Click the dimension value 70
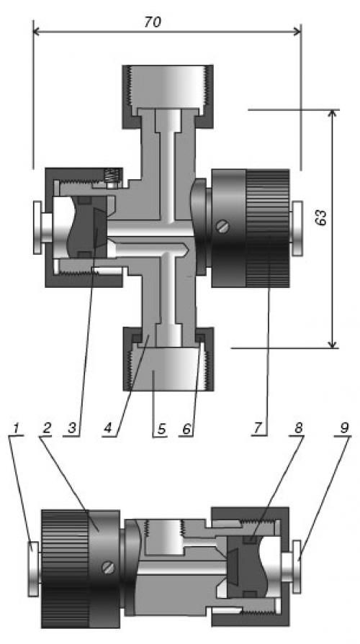(x=153, y=22)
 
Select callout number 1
(x=16, y=427)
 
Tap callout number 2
(x=46, y=427)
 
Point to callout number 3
(x=72, y=428)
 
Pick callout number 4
(x=108, y=428)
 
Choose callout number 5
(x=161, y=429)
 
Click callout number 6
(x=186, y=428)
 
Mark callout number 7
(x=257, y=427)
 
